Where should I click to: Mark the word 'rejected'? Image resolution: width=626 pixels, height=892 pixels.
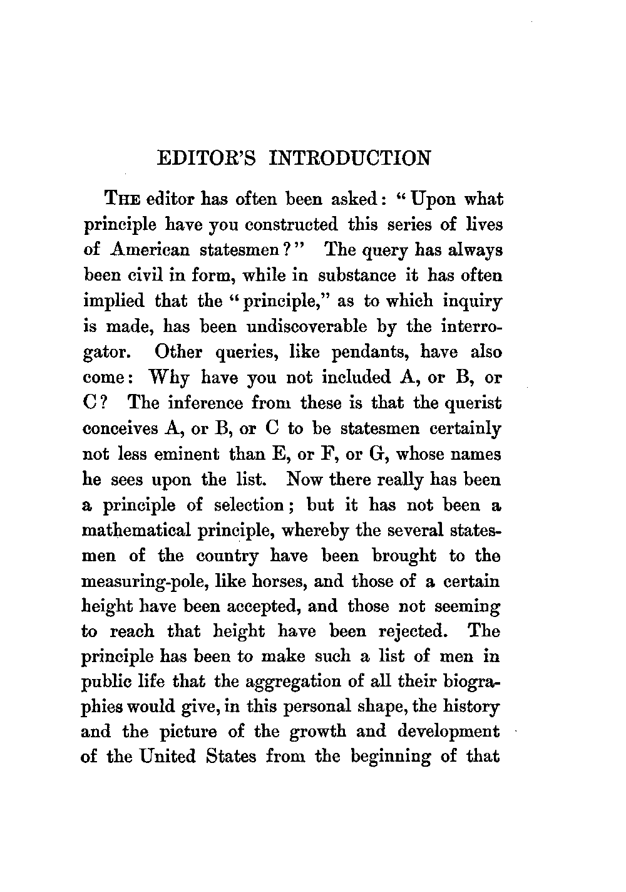click(x=411, y=631)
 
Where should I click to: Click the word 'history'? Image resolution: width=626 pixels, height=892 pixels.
click(x=470, y=707)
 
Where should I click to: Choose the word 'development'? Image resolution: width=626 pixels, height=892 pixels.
click(x=447, y=732)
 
